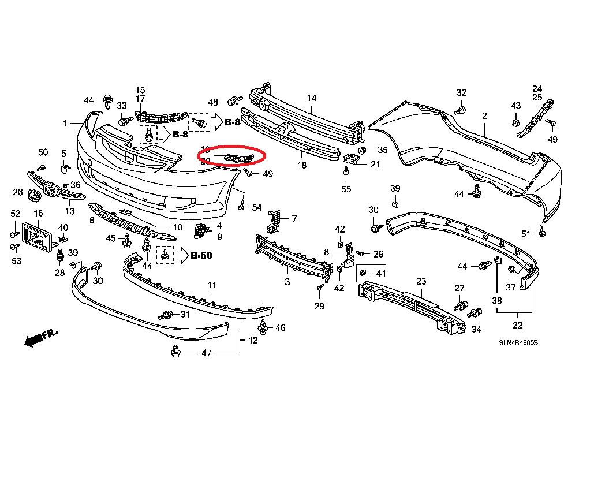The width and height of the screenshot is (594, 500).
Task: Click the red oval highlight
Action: tap(231, 156)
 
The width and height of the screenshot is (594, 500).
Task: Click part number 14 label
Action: tap(312, 98)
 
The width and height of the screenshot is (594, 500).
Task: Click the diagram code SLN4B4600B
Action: tap(518, 342)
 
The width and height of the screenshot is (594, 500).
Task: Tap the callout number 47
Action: tap(206, 353)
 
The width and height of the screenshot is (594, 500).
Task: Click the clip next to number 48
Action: tap(234, 101)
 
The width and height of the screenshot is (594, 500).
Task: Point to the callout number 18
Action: tap(302, 166)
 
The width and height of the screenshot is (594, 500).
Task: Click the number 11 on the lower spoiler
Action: tap(212, 285)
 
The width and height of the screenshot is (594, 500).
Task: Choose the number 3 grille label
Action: tap(287, 282)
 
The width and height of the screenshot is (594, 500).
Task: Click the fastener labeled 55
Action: tap(346, 171)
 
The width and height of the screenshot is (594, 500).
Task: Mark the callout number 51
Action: tap(525, 233)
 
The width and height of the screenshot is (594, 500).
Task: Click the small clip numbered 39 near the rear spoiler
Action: tap(395, 203)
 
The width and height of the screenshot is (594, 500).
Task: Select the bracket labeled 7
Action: tap(275, 220)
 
